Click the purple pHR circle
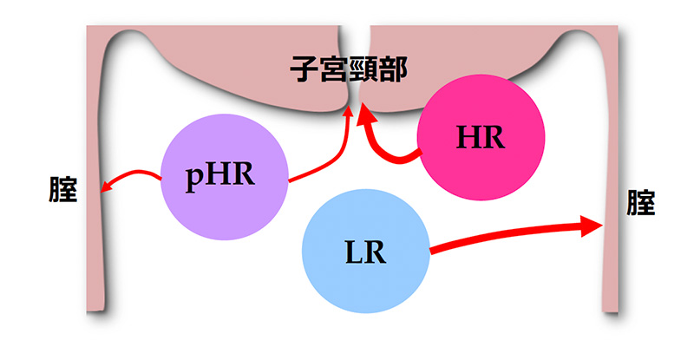224,177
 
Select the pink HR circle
481,137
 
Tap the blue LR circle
365,251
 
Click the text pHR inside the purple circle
220,175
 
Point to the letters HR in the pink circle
481,137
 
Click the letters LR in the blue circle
365,252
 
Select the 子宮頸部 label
349,69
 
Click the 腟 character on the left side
62,189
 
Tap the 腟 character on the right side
640,202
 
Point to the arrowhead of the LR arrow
593,226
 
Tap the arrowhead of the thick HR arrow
365,113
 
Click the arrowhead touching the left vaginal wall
105,187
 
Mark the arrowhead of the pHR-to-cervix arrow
349,111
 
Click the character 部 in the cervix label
393,69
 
